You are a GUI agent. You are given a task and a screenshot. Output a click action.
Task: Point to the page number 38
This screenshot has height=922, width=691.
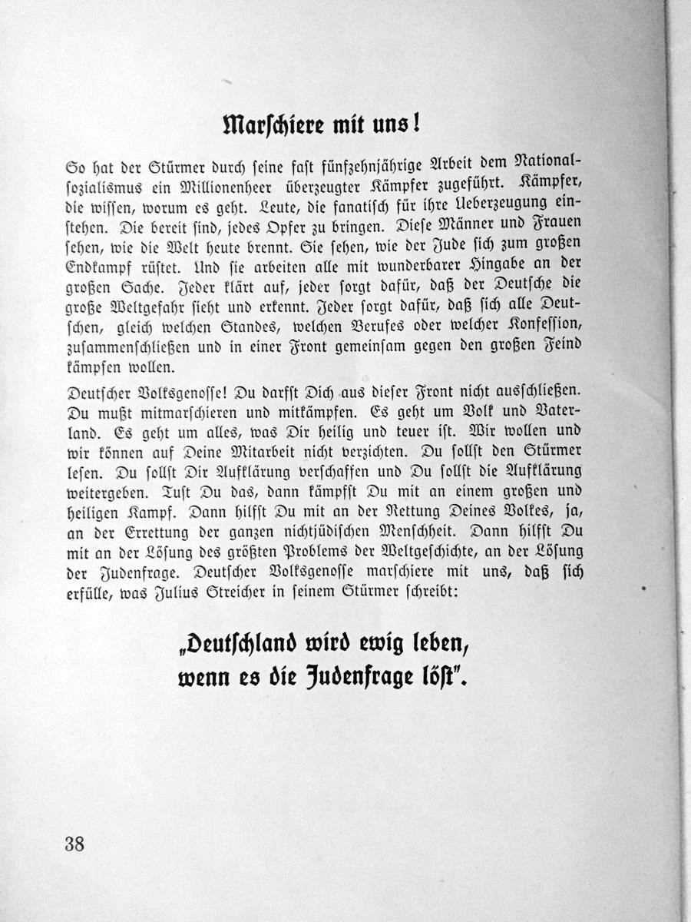tap(74, 843)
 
